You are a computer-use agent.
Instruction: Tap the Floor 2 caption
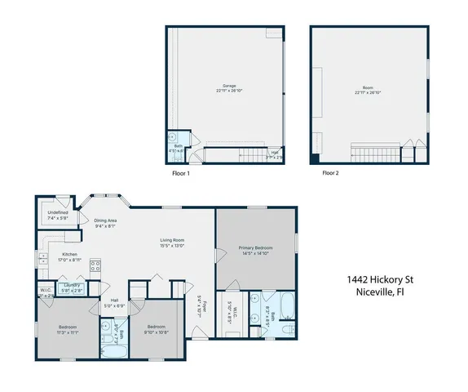(x=330, y=173)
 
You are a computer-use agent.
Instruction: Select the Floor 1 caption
(x=180, y=173)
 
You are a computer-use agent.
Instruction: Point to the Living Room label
(x=172, y=242)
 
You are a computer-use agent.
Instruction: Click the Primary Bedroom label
(x=256, y=250)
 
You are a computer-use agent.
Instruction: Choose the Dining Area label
(x=106, y=223)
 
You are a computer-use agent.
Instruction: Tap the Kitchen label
(x=70, y=256)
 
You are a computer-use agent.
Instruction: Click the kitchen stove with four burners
(x=95, y=265)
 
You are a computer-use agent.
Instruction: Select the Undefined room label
(x=57, y=215)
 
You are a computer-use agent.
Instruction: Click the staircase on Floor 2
(x=375, y=151)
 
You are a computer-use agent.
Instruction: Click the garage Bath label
(x=176, y=149)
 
